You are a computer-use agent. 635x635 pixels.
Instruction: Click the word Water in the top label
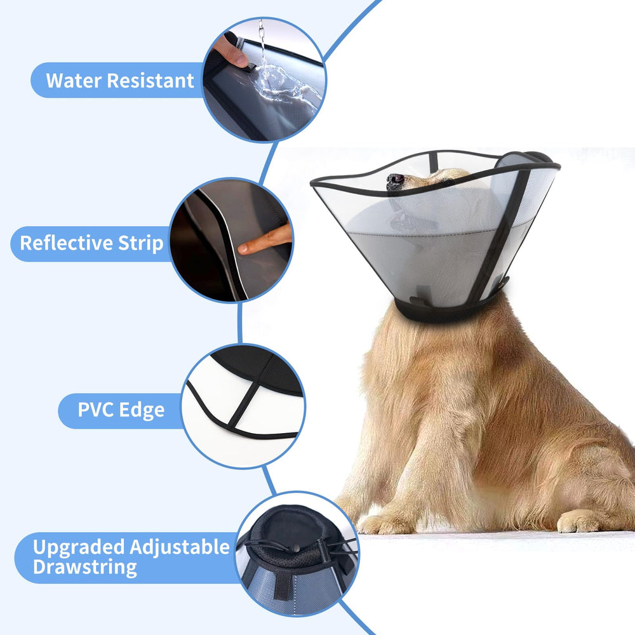73,81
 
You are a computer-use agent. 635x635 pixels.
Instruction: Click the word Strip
138,243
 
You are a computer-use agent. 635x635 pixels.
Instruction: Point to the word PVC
96,410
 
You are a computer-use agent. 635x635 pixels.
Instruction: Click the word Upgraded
79,547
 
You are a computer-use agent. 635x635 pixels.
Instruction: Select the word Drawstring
84,567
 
